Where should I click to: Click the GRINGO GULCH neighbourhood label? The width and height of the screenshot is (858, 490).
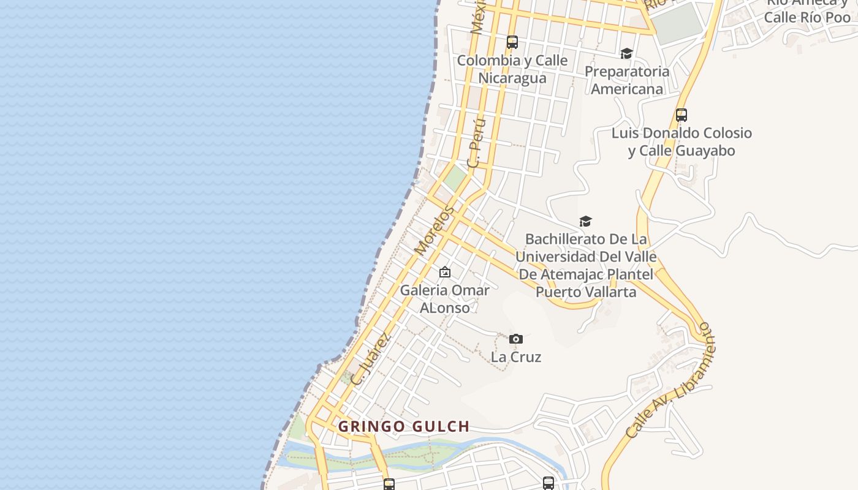click(x=404, y=426)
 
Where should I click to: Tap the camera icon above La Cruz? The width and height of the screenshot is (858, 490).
click(x=516, y=339)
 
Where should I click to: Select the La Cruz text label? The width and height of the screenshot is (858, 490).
click(x=516, y=356)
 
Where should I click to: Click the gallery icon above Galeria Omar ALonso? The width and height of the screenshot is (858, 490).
click(x=445, y=272)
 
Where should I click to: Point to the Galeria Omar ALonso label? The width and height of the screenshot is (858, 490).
click(x=445, y=299)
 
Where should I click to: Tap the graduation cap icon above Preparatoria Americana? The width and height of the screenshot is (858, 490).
click(x=626, y=54)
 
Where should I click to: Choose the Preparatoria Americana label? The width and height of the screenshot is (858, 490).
click(x=627, y=80)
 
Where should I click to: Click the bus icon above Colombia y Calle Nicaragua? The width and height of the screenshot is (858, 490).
click(x=512, y=42)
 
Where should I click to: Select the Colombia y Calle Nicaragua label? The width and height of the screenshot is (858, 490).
click(x=512, y=69)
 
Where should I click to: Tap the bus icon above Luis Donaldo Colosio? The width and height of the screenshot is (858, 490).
click(x=681, y=115)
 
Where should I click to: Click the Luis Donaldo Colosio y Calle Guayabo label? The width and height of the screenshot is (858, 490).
click(x=681, y=141)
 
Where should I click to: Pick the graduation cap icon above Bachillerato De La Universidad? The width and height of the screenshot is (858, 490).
click(x=586, y=221)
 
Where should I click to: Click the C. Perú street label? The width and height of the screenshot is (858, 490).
click(x=477, y=143)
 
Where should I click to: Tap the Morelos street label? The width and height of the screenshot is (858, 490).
click(x=435, y=230)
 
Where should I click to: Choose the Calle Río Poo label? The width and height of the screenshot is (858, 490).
click(x=807, y=17)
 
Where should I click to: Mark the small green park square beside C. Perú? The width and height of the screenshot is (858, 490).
click(x=455, y=178)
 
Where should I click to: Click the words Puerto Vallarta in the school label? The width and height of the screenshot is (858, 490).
click(x=586, y=292)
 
